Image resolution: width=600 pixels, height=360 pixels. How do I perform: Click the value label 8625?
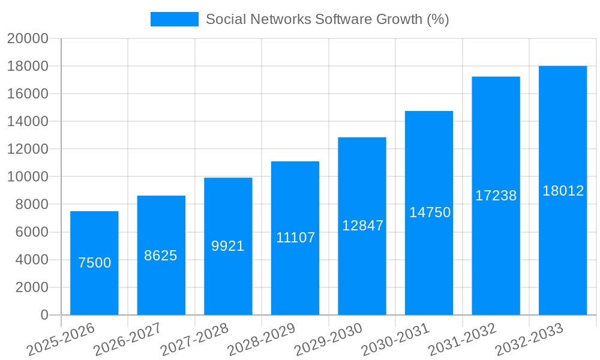tap(161, 256)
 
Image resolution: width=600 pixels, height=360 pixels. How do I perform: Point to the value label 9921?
tap(228, 246)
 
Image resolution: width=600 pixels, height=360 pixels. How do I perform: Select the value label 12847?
tap(362, 226)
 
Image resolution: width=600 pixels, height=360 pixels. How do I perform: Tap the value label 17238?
tap(496, 196)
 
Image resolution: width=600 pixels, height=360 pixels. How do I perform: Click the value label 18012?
tap(563, 191)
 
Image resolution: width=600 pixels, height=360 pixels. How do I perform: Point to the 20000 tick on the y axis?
tap(27, 38)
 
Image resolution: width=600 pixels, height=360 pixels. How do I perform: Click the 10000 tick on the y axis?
tap(27, 177)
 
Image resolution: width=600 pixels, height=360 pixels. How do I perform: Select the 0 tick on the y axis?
tap(44, 315)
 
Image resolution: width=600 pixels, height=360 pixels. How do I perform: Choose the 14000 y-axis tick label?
tap(27, 121)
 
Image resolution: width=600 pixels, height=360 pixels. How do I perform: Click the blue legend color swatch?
tap(174, 19)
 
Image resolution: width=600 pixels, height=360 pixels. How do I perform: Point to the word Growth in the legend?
tap(399, 19)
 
